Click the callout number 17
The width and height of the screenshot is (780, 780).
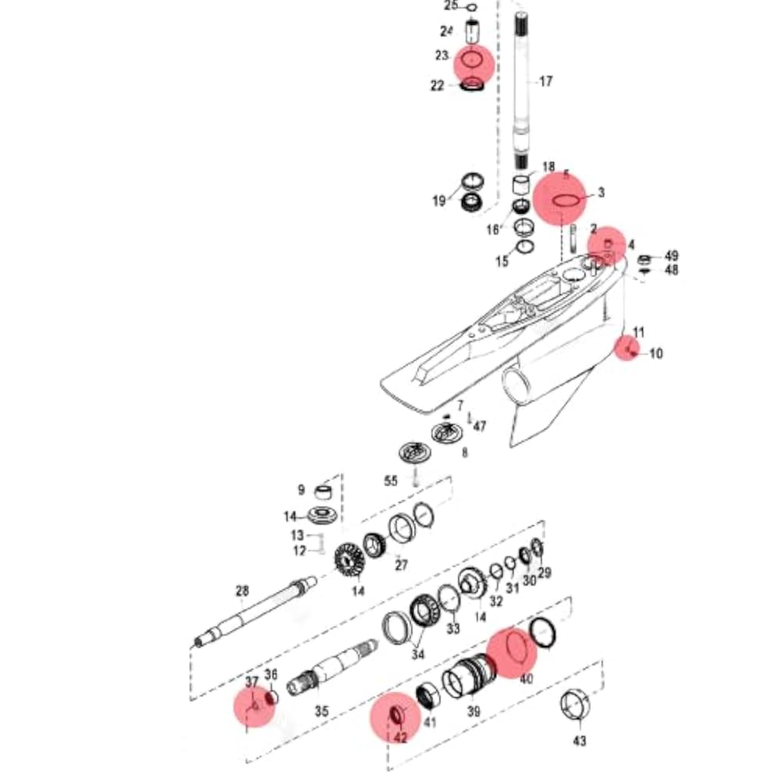click(x=545, y=81)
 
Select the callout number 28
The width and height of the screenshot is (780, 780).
click(x=242, y=591)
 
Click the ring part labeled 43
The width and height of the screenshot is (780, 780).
click(x=576, y=707)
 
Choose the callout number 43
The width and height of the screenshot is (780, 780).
click(x=580, y=740)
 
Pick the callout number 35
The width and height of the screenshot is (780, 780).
click(x=321, y=711)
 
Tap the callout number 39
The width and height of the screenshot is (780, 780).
click(x=473, y=711)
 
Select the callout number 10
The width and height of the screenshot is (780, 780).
click(x=655, y=354)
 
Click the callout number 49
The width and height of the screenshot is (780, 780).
click(x=671, y=256)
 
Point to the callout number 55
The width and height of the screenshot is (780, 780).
click(x=391, y=481)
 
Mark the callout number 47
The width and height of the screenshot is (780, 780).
click(x=480, y=427)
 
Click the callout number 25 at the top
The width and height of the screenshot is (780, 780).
click(x=451, y=6)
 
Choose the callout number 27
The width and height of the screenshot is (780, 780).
click(x=401, y=565)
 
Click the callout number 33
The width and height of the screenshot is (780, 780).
click(x=453, y=628)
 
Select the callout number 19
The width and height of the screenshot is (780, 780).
click(x=439, y=201)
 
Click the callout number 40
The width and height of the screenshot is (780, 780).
click(x=526, y=679)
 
